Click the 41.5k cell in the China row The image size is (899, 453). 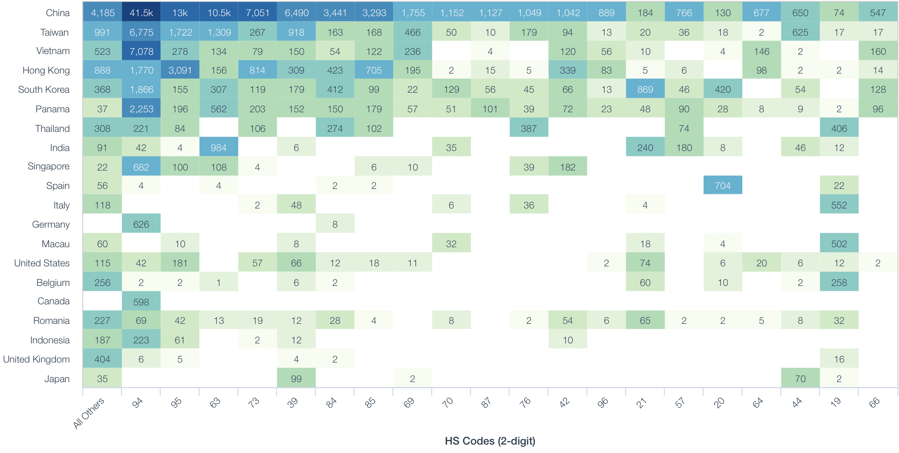141,13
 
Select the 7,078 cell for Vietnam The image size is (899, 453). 141,51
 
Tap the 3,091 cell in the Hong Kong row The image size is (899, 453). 180,71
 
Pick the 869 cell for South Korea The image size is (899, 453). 645,90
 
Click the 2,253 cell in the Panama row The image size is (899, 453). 141,109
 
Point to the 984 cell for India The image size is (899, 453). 218,148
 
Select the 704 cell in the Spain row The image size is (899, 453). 722,186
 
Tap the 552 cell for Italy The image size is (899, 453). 839,205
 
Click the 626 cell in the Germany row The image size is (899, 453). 141,225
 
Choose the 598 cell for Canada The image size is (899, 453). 141,302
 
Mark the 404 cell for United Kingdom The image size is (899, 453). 102,359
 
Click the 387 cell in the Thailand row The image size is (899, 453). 528,129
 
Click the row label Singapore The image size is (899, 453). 49,166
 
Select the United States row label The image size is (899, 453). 42,263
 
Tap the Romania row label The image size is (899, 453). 51,321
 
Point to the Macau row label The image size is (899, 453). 56,244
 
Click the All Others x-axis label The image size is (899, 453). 89,413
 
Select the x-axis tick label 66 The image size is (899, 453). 874,403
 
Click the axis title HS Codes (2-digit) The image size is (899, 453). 490,441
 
